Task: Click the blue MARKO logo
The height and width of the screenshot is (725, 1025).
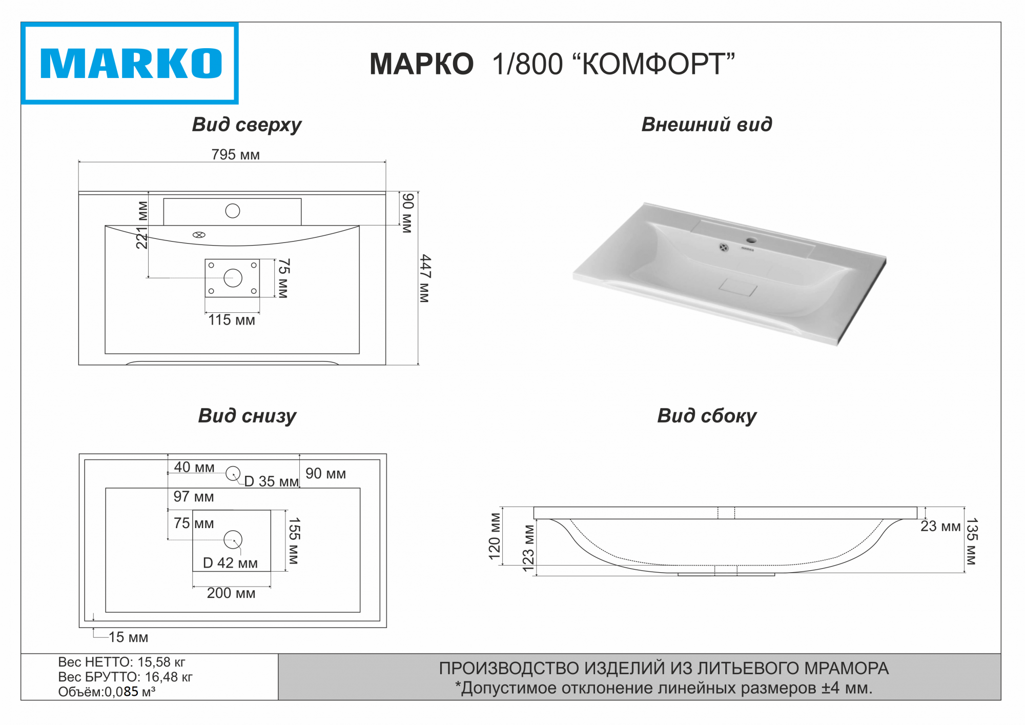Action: pyautogui.click(x=130, y=64)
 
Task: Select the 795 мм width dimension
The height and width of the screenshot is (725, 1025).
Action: pyautogui.click(x=235, y=154)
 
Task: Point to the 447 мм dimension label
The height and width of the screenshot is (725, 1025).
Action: pyautogui.click(x=425, y=278)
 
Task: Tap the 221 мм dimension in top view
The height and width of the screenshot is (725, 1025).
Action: pyautogui.click(x=142, y=225)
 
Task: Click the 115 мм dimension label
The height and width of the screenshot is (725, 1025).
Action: pyautogui.click(x=232, y=320)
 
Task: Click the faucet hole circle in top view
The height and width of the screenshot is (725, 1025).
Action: pyautogui.click(x=233, y=211)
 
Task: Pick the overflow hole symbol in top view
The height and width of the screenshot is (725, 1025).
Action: pyautogui.click(x=199, y=235)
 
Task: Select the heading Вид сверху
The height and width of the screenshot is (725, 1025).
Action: pyautogui.click(x=247, y=125)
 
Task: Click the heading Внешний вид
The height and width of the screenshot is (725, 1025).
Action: pyautogui.click(x=706, y=125)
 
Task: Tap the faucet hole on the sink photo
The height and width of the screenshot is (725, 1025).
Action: pyautogui.click(x=751, y=240)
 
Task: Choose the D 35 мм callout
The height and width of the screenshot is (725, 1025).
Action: pyautogui.click(x=271, y=481)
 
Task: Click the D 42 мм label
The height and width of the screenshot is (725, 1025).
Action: pyautogui.click(x=230, y=563)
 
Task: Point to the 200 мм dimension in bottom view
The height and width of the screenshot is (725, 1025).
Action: pyautogui.click(x=231, y=593)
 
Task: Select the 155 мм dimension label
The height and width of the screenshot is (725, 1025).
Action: pyautogui.click(x=294, y=540)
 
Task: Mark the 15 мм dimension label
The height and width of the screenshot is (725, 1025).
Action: pyautogui.click(x=128, y=637)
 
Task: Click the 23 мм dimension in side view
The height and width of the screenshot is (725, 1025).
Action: pyautogui.click(x=940, y=526)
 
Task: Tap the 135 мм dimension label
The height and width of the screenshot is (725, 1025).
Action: pyautogui.click(x=971, y=541)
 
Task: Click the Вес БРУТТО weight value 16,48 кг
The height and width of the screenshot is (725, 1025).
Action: pyautogui.click(x=169, y=677)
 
